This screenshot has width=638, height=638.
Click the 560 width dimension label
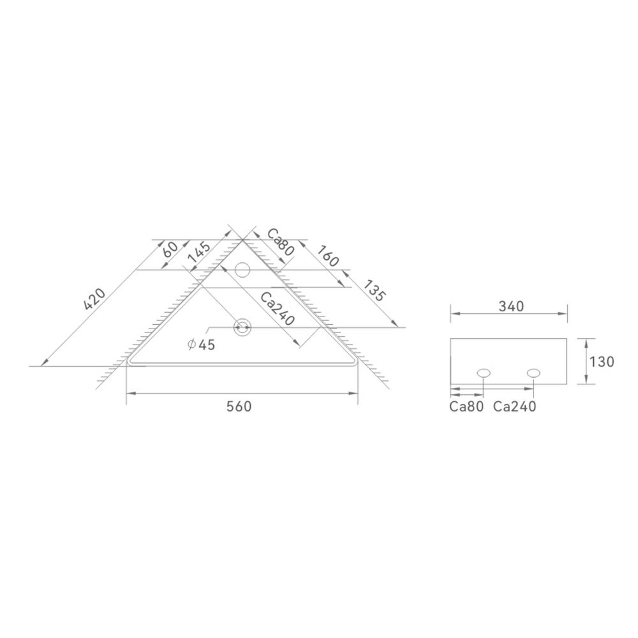pos(239,406)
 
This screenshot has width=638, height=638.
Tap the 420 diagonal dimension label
pos(94,299)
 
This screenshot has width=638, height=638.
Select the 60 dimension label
pos(170,249)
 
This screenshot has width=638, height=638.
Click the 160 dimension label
pos(328,256)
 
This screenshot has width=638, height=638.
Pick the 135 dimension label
pos(373,290)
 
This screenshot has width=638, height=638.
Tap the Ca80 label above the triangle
pos(280,242)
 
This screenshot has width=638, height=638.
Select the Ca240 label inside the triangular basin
pos(277,309)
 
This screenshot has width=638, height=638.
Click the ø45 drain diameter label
pos(201,345)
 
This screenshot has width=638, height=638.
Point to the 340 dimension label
pos(511,306)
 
